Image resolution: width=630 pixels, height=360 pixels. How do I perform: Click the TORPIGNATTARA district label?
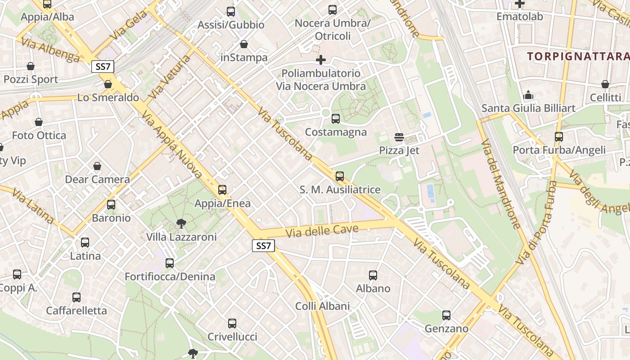578,56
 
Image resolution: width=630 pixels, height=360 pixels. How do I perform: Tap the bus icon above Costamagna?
335,119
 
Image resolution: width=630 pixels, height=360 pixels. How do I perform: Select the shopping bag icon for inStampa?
243,44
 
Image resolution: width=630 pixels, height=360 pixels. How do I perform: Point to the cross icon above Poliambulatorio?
320,59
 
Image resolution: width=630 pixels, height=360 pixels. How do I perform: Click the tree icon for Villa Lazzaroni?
181,223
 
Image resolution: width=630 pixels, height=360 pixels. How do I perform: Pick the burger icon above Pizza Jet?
399,137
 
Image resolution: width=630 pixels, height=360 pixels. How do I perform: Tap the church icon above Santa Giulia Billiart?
528,95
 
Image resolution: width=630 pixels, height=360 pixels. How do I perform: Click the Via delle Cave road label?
322,231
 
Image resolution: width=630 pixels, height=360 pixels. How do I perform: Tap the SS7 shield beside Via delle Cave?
263,246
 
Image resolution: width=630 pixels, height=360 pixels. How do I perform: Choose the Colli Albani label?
322,306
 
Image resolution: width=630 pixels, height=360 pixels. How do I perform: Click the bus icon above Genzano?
446,315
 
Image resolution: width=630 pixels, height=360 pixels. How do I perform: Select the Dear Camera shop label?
97,180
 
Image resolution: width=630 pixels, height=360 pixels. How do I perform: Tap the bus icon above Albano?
373,275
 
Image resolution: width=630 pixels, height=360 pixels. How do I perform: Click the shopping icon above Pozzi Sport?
31,66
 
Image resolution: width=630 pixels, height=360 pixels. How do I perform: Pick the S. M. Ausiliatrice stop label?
340,190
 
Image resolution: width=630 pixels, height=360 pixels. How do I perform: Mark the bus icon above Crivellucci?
232,323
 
